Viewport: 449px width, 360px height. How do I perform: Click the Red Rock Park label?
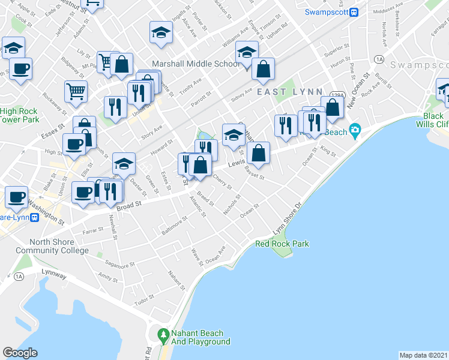[x=282, y=244]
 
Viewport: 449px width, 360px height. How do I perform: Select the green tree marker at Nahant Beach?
[x=162, y=334]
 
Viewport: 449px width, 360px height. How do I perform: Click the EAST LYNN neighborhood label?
[x=286, y=91]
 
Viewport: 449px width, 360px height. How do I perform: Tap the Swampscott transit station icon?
[x=354, y=12]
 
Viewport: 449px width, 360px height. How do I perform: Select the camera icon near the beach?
[x=355, y=130]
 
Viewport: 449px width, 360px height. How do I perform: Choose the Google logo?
[x=20, y=352]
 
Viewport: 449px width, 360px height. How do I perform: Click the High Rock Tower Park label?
[x=19, y=115]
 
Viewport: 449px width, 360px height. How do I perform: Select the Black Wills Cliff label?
[x=433, y=120]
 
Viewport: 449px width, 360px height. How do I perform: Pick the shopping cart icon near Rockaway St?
[x=76, y=91]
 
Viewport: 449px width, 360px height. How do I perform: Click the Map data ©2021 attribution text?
[x=423, y=355]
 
